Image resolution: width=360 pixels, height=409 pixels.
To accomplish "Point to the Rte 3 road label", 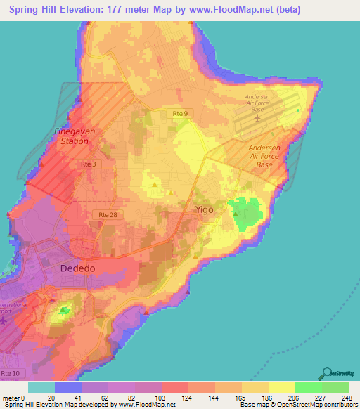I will [88, 164].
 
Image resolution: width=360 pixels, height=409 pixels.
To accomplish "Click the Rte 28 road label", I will [103, 214].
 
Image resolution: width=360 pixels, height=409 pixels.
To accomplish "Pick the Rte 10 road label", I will [12, 371].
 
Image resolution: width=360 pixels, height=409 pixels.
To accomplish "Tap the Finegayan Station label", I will [72, 136].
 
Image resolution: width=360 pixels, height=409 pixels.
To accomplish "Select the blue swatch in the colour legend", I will [68, 387].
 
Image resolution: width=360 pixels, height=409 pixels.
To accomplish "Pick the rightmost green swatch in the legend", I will [335, 387].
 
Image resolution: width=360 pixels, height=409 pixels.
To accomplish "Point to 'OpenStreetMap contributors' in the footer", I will [317, 405].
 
